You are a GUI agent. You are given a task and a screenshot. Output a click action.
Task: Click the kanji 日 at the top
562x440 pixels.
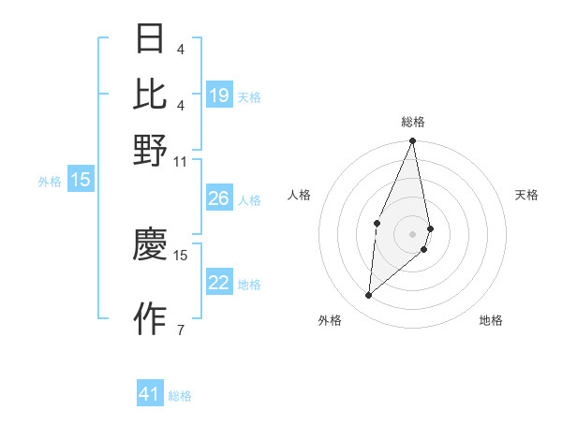pyautogui.click(x=150, y=38)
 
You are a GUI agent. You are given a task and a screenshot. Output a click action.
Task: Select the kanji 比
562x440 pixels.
pyautogui.click(x=150, y=94)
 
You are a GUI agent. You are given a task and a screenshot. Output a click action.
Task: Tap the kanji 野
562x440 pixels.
pyautogui.click(x=150, y=149)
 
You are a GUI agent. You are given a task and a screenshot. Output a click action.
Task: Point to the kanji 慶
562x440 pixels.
pyautogui.click(x=150, y=244)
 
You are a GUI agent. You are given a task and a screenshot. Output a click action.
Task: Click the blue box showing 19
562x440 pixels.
pyautogui.click(x=219, y=95)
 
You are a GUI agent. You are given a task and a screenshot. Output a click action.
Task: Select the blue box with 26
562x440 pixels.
pyautogui.click(x=219, y=198)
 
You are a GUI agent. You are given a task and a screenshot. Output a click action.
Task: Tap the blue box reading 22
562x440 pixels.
pyautogui.click(x=219, y=283)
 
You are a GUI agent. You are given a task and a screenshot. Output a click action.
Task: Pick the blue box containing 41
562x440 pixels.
pyautogui.click(x=150, y=394)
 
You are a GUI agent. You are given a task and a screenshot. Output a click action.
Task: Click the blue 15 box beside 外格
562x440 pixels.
pyautogui.click(x=80, y=181)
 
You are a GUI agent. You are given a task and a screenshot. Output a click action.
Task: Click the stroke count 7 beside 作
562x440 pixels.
pyautogui.click(x=180, y=330)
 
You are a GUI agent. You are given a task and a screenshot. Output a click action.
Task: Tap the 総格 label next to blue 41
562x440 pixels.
pyautogui.click(x=180, y=396)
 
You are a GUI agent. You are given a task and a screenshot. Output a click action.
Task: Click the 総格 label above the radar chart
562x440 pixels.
pyautogui.click(x=413, y=122)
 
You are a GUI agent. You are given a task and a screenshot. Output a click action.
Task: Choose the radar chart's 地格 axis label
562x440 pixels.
pyautogui.click(x=491, y=320)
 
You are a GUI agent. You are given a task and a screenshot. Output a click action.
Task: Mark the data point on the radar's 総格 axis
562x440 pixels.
pyautogui.click(x=413, y=141)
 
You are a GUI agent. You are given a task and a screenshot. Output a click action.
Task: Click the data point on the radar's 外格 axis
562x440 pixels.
pyautogui.click(x=369, y=296)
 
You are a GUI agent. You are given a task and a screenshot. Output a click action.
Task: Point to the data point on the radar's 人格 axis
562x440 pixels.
pyautogui.click(x=377, y=223)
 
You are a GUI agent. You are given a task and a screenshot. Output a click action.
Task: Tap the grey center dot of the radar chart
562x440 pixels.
pyautogui.click(x=413, y=233)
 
